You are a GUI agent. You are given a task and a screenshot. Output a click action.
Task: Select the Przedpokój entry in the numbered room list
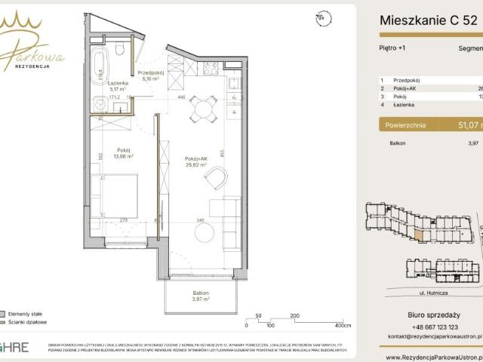point(408,80)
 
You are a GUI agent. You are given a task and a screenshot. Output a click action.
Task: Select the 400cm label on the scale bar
point(343,327)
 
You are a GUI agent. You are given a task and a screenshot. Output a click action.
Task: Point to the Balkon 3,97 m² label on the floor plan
point(199,296)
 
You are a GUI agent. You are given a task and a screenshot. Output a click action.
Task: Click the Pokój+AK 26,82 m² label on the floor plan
point(196,161)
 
